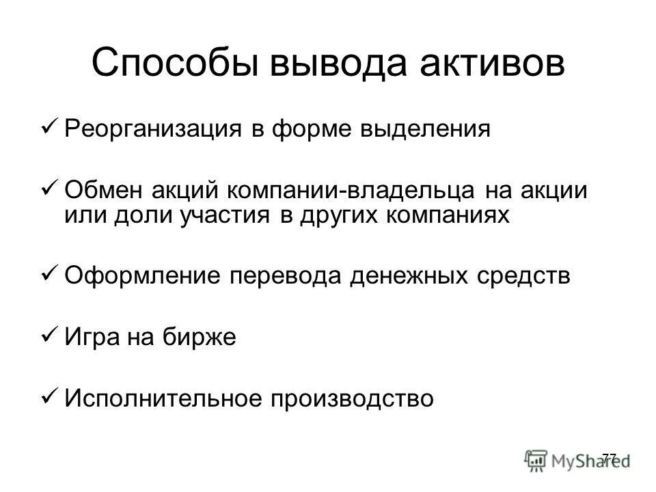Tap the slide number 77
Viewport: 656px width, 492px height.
click(x=610, y=457)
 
